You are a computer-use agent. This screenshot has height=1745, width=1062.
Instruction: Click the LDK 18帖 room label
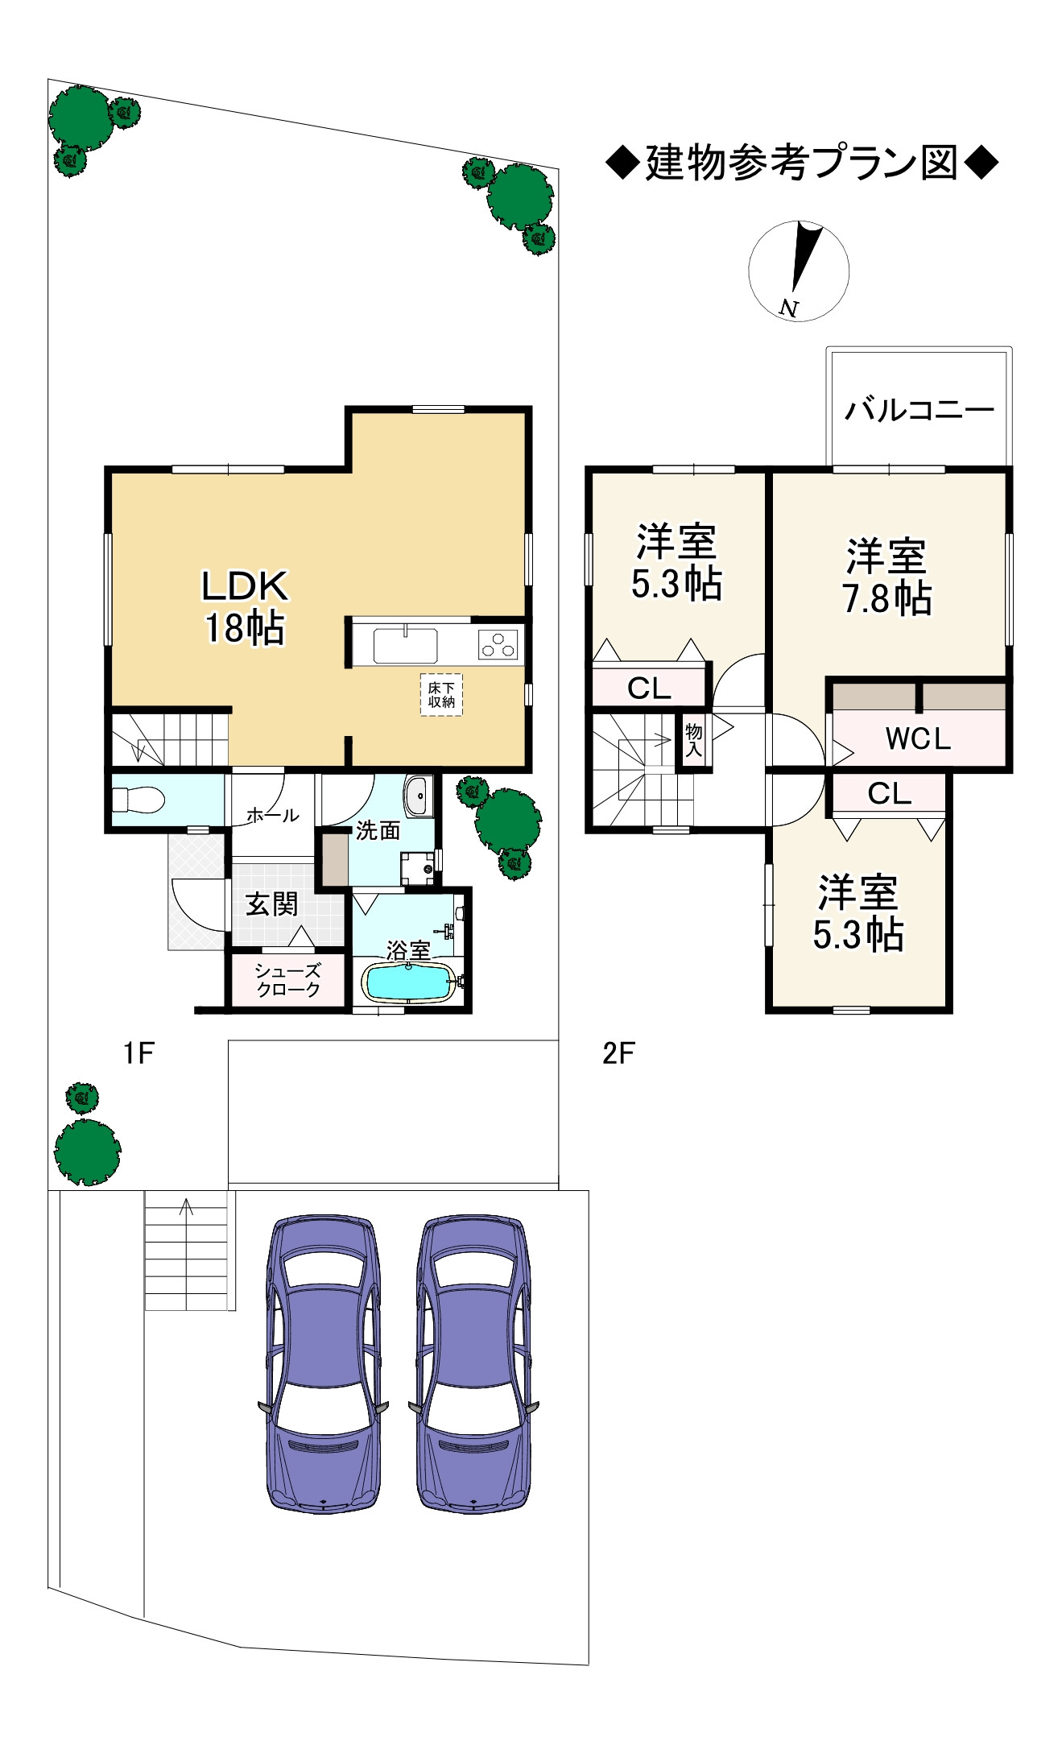click(x=245, y=606)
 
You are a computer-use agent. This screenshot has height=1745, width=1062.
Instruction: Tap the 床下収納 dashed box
click(x=441, y=694)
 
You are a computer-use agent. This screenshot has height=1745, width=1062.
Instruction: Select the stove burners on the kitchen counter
click(x=498, y=645)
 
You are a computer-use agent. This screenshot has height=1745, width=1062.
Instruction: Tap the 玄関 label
click(x=272, y=904)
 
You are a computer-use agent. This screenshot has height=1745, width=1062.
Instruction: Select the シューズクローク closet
click(x=287, y=980)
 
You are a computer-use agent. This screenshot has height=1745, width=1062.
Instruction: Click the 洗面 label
click(x=378, y=830)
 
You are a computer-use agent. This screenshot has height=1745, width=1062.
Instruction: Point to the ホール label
click(x=272, y=815)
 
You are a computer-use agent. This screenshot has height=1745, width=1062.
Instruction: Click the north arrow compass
click(x=799, y=271)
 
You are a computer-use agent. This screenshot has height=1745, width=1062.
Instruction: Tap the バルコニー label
click(x=919, y=411)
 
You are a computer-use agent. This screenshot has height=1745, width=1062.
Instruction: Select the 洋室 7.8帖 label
click(x=886, y=577)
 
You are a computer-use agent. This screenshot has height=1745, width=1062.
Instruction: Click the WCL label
click(x=918, y=738)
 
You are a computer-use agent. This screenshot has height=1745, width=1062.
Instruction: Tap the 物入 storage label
click(x=693, y=740)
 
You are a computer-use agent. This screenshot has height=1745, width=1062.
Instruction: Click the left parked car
click(x=323, y=1363)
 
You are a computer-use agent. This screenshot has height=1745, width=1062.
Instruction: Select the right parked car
click(x=473, y=1363)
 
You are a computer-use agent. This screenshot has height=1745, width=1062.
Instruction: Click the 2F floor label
click(x=618, y=1052)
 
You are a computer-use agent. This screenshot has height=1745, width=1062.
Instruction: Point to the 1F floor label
click(x=138, y=1052)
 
